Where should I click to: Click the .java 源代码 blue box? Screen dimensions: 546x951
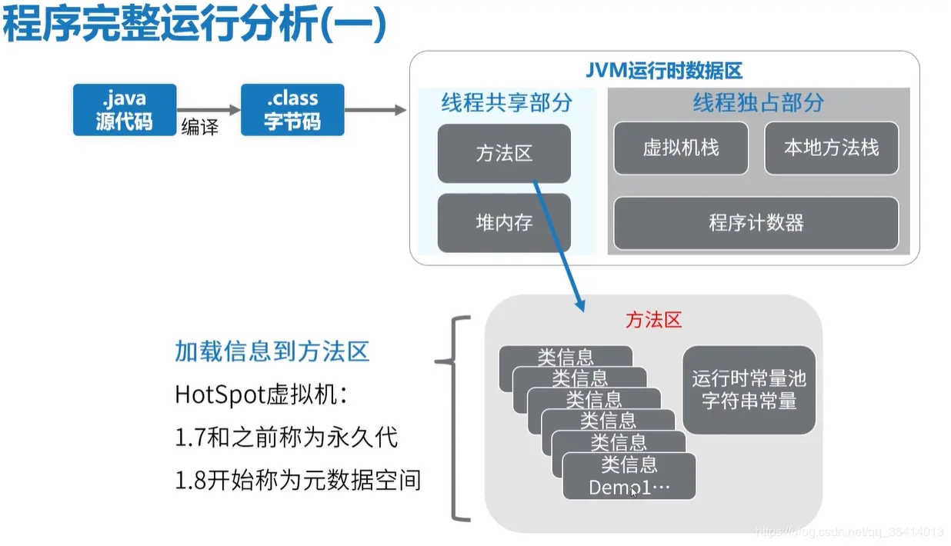pos(124,110)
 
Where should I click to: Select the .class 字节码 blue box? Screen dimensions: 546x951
pos(292,110)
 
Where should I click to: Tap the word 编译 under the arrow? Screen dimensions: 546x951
pos(200,128)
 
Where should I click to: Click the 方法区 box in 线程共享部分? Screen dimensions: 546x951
pos(504,153)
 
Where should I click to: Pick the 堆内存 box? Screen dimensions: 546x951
pos(504,223)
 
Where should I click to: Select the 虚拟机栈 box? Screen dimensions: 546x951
pos(681,148)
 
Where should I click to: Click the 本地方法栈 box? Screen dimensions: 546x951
pos(831,148)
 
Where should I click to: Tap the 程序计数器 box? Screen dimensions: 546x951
pos(756,223)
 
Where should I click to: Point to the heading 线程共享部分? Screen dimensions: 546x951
pos(506,103)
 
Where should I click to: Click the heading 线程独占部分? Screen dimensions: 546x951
pos(758,103)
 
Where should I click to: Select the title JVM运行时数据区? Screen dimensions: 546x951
pos(663,71)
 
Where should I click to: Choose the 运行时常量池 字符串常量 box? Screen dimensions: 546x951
pos(749,390)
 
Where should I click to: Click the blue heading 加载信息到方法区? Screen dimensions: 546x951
pos(272,351)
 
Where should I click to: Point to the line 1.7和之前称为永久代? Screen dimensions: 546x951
pos(286,438)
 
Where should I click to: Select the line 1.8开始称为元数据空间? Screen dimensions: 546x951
pos(298,481)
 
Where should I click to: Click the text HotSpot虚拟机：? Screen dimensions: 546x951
pos(262,395)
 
